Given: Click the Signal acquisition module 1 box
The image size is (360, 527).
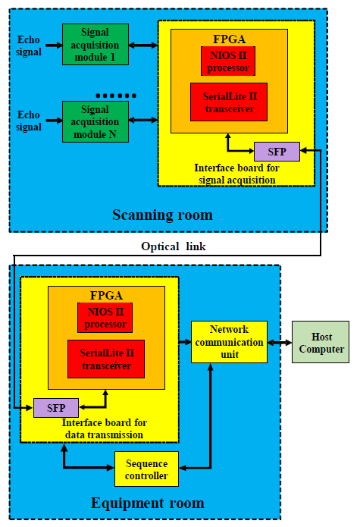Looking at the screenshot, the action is point(95,45).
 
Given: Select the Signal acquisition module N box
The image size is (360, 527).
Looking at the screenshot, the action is point(95,121).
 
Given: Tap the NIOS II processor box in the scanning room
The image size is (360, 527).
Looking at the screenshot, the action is point(228,61).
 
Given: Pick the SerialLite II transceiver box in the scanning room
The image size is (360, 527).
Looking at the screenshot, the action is point(229,102).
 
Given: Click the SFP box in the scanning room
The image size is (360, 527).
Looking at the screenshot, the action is point(277,152).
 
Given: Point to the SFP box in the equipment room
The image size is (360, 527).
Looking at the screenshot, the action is point(56,408).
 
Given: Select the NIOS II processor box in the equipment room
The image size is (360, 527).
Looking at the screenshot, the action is point(105,318).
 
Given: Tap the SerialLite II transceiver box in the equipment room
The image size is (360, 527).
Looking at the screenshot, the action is point(106,359).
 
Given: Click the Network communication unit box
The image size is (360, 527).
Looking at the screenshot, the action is point(230,342).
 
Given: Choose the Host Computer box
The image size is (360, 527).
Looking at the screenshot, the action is point(321,342).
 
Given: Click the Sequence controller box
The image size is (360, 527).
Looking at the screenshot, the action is point(146,469).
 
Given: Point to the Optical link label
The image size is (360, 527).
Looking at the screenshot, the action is point(174,246).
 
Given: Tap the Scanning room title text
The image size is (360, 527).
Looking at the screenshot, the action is point(162,215).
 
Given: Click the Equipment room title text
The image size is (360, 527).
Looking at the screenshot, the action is point(148,503).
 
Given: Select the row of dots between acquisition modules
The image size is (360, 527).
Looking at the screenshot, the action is point(116,96).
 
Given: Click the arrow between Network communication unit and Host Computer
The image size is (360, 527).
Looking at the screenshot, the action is point(280,343).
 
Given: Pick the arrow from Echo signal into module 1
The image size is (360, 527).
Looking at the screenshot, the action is point(54,45).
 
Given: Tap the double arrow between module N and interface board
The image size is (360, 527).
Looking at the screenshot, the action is point(143,120).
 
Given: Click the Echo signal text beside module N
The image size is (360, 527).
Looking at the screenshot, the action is point(29,121).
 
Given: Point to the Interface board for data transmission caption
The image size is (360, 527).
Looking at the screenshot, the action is point(105,428).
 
